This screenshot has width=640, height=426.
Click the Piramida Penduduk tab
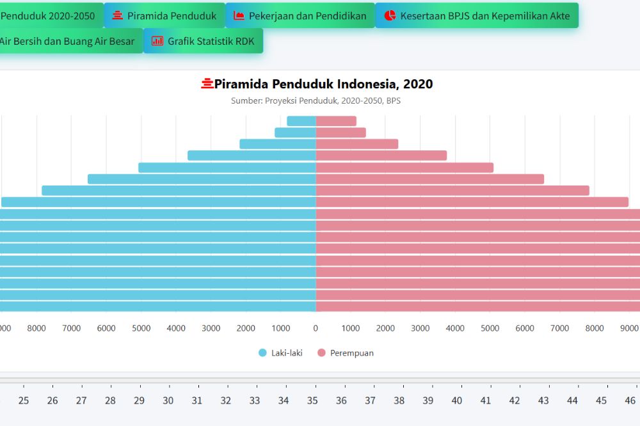click(x=164, y=15)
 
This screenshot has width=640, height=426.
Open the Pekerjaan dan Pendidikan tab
click(x=300, y=15)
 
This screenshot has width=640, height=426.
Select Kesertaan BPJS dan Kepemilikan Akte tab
click(x=477, y=15)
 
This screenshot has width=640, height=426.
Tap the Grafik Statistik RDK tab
click(x=203, y=41)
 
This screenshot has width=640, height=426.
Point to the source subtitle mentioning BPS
click(x=316, y=100)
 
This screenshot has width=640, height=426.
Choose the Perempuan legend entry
click(x=346, y=352)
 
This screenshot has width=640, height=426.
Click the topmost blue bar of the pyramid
click(x=301, y=121)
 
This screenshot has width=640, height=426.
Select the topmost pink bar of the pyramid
click(x=336, y=121)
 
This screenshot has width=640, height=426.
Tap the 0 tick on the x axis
click(x=316, y=328)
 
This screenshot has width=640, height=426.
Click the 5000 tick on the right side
click(x=490, y=328)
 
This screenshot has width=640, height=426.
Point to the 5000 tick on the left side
click(x=141, y=328)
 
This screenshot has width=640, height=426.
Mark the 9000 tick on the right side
click(x=629, y=328)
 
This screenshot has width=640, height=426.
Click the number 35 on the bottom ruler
click(x=312, y=400)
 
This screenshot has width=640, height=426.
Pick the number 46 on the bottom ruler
click(x=630, y=400)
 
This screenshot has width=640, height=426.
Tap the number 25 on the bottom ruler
click(x=24, y=400)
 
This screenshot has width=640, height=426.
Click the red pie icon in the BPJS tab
click(x=390, y=15)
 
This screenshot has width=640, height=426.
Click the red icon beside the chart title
click(x=207, y=84)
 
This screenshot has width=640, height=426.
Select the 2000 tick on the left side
click(x=246, y=328)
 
